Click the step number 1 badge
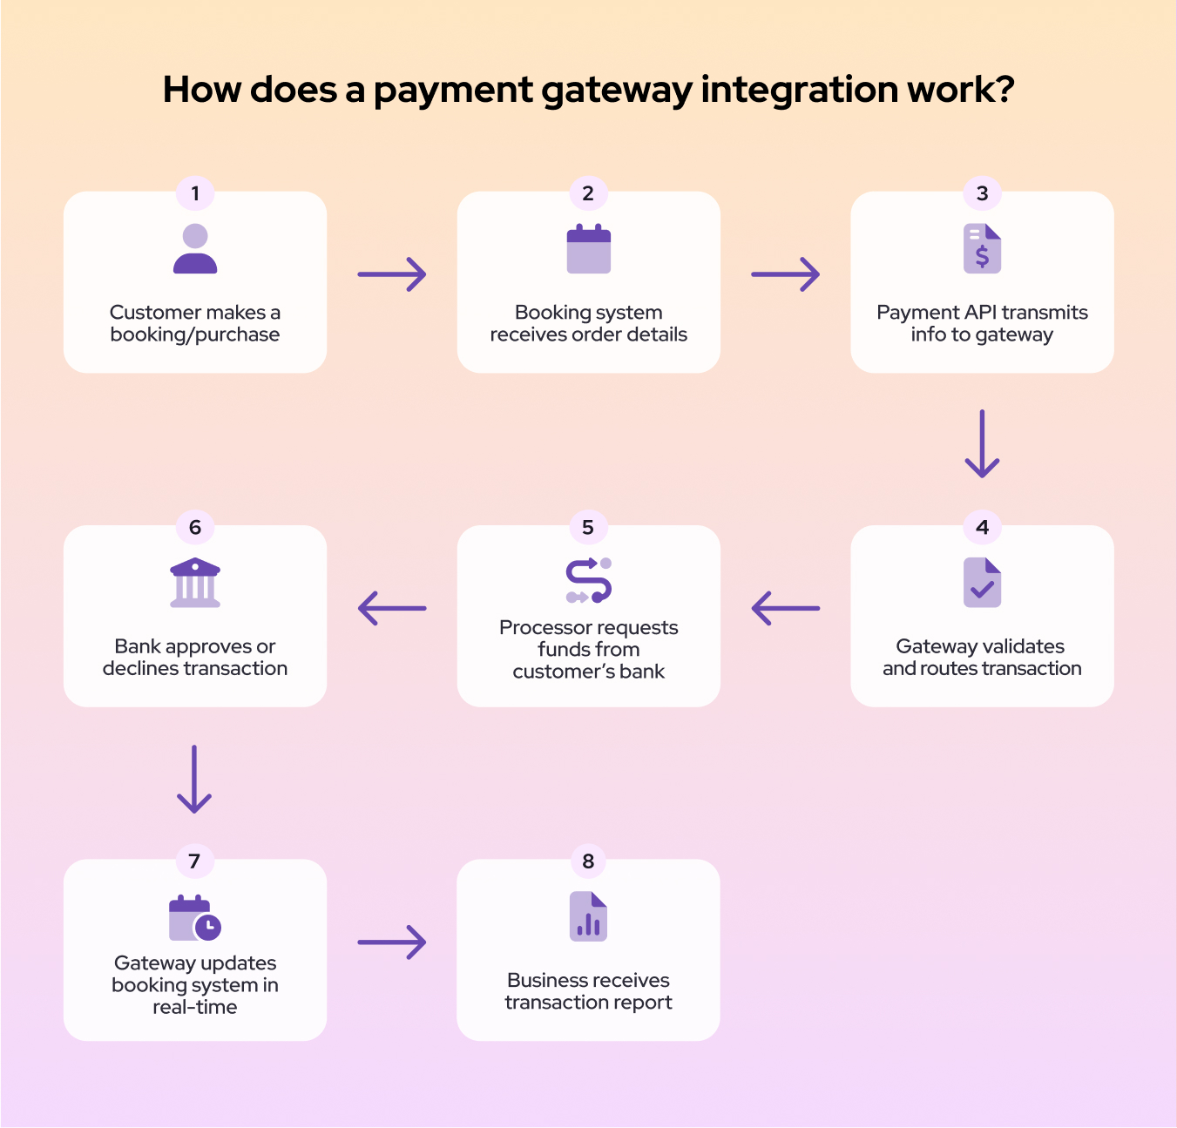coord(195,193)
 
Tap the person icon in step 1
coord(195,249)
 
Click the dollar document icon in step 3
coord(982,249)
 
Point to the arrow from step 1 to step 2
coord(392,274)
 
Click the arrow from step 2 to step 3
coord(785,274)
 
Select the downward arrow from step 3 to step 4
coord(982,443)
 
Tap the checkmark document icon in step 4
coord(982,583)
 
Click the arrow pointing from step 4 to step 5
coord(785,608)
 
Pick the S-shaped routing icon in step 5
coord(589,580)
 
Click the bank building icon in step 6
coord(195,583)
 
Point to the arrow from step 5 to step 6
coord(392,608)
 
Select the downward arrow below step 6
coord(194,779)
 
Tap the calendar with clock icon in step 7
coord(195,917)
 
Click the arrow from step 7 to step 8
coord(392,942)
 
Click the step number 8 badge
coord(588,861)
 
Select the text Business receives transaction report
coord(588,991)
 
